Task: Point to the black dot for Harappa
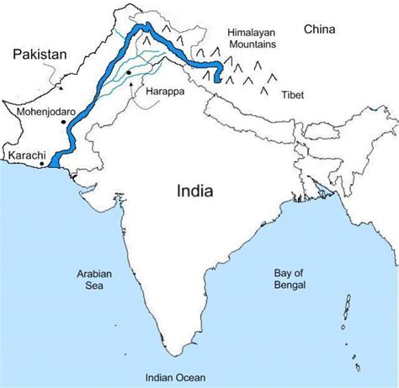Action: (128, 74)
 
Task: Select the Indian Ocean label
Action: (176, 377)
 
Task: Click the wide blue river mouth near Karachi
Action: (56, 160)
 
